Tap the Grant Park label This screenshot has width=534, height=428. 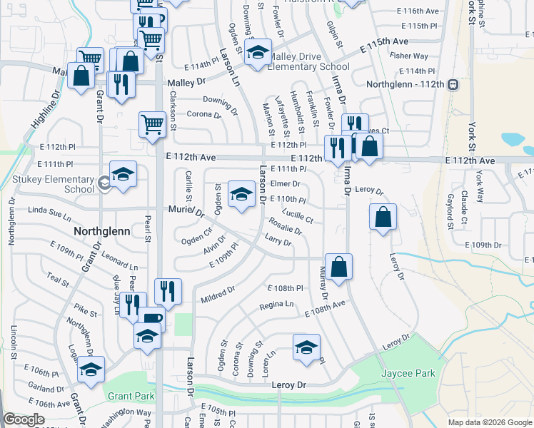click(x=131, y=395)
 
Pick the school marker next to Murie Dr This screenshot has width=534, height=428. click(x=241, y=193)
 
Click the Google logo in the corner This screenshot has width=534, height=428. click(x=24, y=419)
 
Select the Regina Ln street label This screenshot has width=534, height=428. click(x=276, y=305)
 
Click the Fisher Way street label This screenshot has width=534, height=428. click(x=409, y=56)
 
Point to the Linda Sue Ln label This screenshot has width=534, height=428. click(x=50, y=211)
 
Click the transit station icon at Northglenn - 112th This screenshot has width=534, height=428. click(x=452, y=84)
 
